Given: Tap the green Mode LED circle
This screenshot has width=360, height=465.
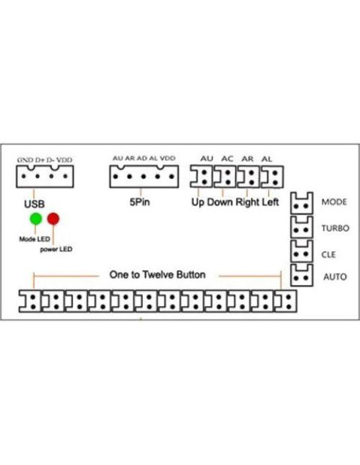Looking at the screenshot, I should (x=36, y=219).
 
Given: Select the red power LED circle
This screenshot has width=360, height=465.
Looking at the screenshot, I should (x=54, y=219).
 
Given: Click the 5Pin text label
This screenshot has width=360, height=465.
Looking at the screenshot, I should (x=139, y=202).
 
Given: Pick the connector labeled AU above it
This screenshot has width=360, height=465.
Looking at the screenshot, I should (x=203, y=177).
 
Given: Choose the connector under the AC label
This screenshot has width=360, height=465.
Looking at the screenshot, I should (x=227, y=177).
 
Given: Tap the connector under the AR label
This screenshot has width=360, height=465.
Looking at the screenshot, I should (x=249, y=177).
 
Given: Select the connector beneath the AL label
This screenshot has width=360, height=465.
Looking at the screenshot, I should (x=272, y=177).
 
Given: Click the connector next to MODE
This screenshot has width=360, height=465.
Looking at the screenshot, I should (x=301, y=202).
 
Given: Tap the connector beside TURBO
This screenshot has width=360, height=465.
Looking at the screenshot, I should (x=301, y=228).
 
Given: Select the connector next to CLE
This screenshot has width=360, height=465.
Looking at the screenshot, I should (x=301, y=252).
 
